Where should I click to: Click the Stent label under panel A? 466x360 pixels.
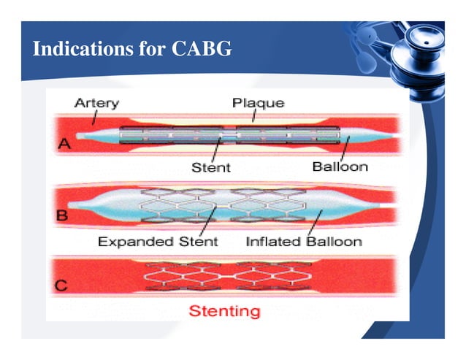[x=210, y=167]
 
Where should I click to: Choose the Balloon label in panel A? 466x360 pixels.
[x=340, y=166]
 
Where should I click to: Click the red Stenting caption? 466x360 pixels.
[x=224, y=311]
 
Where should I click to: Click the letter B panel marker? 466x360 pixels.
[x=64, y=216]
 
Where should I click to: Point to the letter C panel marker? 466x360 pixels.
[x=63, y=286]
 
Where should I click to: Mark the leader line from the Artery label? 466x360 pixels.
[x=93, y=117]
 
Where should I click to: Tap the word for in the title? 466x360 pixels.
[x=149, y=50]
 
